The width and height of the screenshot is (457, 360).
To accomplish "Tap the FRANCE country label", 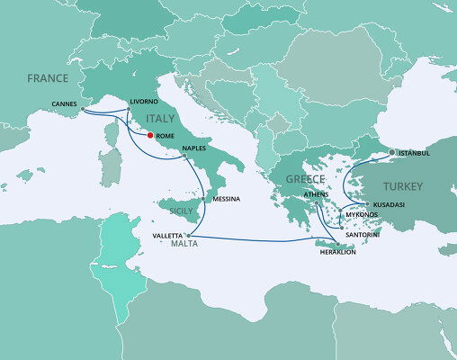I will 48,78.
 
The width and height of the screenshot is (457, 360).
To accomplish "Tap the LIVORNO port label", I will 144,102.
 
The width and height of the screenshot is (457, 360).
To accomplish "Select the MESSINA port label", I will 226,198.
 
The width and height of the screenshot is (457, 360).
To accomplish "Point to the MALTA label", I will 170,246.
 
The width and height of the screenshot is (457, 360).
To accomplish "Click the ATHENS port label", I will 317,194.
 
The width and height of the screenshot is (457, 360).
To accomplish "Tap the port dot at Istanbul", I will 391,151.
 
